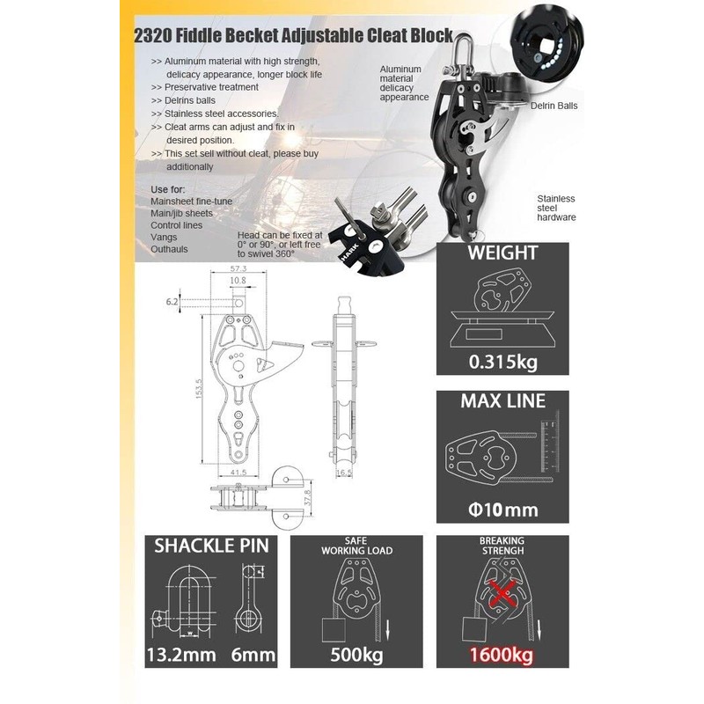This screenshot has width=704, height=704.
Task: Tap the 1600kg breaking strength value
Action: click(x=501, y=655)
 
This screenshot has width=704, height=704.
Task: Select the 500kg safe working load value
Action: click(x=358, y=655)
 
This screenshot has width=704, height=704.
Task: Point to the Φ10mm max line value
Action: click(x=502, y=509)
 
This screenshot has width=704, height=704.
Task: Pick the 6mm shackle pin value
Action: click(x=253, y=655)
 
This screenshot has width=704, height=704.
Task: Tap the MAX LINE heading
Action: click(x=502, y=402)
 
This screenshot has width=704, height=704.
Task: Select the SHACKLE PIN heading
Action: click(x=211, y=546)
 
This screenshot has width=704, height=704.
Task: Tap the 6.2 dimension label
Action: click(x=171, y=302)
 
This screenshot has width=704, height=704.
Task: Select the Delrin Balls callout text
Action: click(x=554, y=105)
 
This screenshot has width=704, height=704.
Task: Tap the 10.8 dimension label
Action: click(x=238, y=282)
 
